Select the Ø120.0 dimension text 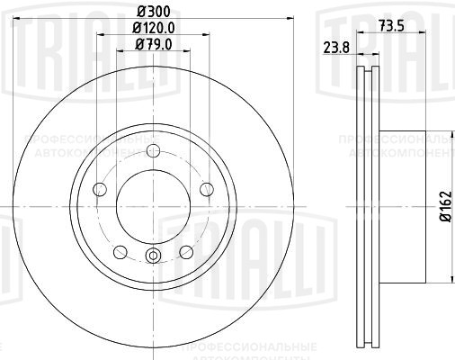(152, 27)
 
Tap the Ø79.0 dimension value (152, 43)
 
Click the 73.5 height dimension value (389, 25)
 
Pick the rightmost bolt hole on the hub (206, 188)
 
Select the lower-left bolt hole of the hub (120, 251)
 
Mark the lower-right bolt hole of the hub (185, 251)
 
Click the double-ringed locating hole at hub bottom (152, 256)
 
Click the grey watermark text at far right (396, 148)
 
